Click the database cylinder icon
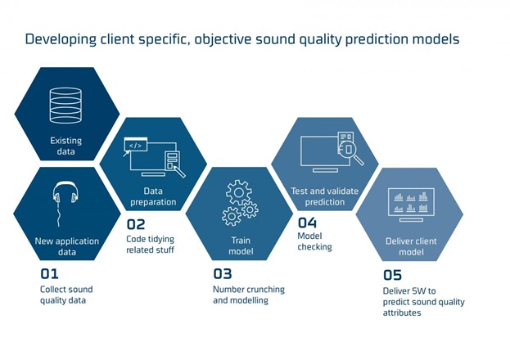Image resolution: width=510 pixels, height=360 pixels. pos(65,106)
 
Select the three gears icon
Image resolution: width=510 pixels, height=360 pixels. pos(240,203)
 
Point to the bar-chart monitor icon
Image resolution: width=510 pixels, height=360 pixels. pos(411,205)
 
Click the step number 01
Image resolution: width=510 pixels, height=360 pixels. pos(49,274)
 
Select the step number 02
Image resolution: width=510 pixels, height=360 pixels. pos(136,224)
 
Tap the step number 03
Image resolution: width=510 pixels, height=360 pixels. pos(223,274)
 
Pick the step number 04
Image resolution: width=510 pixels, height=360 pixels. pos(307,223)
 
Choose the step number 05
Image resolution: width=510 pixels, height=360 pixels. pos(392,275)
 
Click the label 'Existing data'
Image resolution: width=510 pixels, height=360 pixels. pos(66,146)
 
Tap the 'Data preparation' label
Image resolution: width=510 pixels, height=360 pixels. pos(153,196)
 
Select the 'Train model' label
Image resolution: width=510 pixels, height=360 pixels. pos(241,245)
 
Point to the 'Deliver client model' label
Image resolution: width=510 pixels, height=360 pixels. pos(411,246)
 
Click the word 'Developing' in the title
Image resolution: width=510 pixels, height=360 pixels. pos(61,39)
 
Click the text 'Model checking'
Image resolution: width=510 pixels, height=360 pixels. pos(314,241)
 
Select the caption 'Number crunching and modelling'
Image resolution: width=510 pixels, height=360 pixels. pos(249,295)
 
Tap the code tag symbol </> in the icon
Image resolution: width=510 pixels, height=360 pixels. pos(135,146)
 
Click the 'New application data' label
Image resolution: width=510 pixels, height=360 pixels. pos(67,246)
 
